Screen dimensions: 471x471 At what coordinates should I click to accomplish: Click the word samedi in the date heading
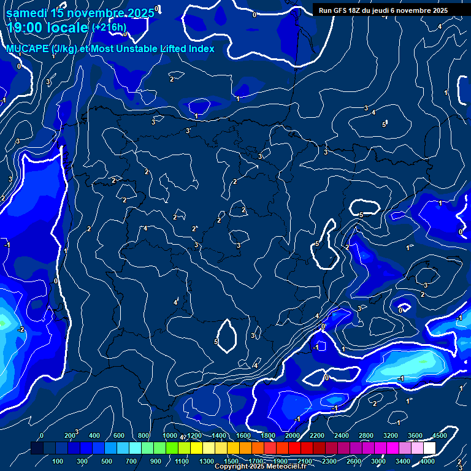coord(27,13)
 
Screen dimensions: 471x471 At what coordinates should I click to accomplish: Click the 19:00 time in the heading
coord(25,28)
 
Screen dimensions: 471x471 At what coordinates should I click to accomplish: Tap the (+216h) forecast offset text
coord(109,28)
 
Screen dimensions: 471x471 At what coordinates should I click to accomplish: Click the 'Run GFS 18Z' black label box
coord(383,10)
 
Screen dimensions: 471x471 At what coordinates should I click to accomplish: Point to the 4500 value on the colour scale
coord(439,435)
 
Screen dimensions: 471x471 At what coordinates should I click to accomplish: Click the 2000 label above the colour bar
coord(293,435)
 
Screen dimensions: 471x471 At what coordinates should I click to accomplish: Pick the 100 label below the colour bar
coord(58,461)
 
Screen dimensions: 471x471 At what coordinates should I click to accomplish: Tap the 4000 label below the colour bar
coord(428,461)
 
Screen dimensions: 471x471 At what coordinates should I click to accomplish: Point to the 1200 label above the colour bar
coord(194,435)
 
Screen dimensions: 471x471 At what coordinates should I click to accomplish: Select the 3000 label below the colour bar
coord(378,461)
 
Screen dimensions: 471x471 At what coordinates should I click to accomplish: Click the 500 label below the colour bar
coord(107,461)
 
